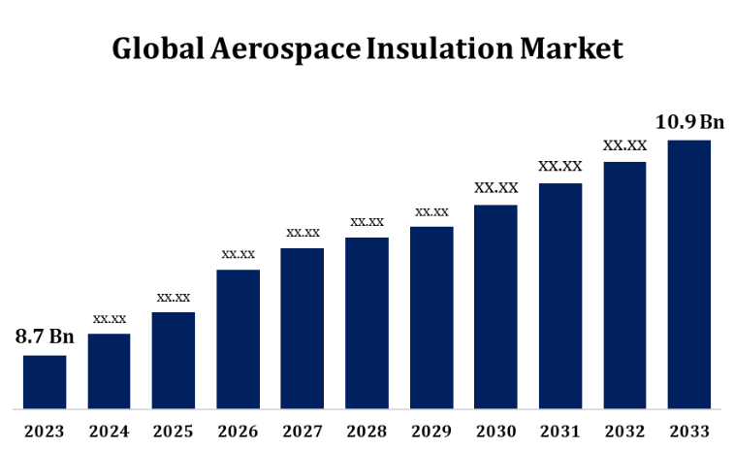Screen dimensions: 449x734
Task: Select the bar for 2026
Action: point(238,338)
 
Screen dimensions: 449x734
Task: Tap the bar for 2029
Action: point(431,317)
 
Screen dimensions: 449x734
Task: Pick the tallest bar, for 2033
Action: point(689,273)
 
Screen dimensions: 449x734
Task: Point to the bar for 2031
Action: point(560,296)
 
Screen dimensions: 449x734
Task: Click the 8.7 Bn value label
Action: point(45,337)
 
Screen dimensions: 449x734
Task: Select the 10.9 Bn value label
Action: point(689,122)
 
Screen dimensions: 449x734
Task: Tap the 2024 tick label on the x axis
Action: point(109,430)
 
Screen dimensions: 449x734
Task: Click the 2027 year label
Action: point(303,430)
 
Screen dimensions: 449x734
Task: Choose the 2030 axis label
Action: point(495,430)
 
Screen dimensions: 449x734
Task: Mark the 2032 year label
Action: point(624,430)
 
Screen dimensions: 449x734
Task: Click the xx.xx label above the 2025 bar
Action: point(174,297)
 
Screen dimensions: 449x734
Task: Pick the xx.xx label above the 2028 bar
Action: point(367,222)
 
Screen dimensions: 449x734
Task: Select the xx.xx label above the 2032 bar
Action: point(624,145)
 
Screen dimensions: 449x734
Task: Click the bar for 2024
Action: point(109,370)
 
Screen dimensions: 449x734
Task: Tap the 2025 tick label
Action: point(174,430)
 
